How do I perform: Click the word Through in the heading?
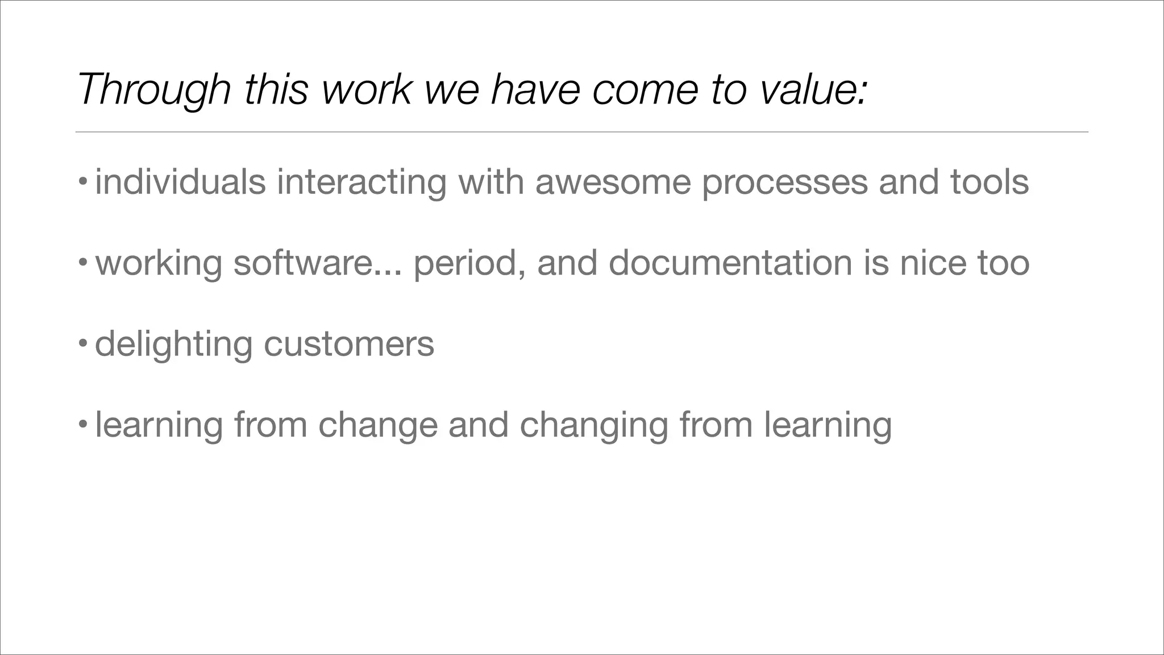153,90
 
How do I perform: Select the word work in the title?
366,90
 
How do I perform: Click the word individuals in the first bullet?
180,182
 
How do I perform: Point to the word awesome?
613,182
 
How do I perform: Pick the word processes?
784,183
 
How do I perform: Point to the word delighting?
173,345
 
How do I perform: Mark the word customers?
349,345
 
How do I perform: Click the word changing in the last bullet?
594,425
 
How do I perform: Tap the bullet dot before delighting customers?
83,344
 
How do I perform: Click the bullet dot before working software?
83,263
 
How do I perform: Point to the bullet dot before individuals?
83,183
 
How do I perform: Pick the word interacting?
361,182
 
